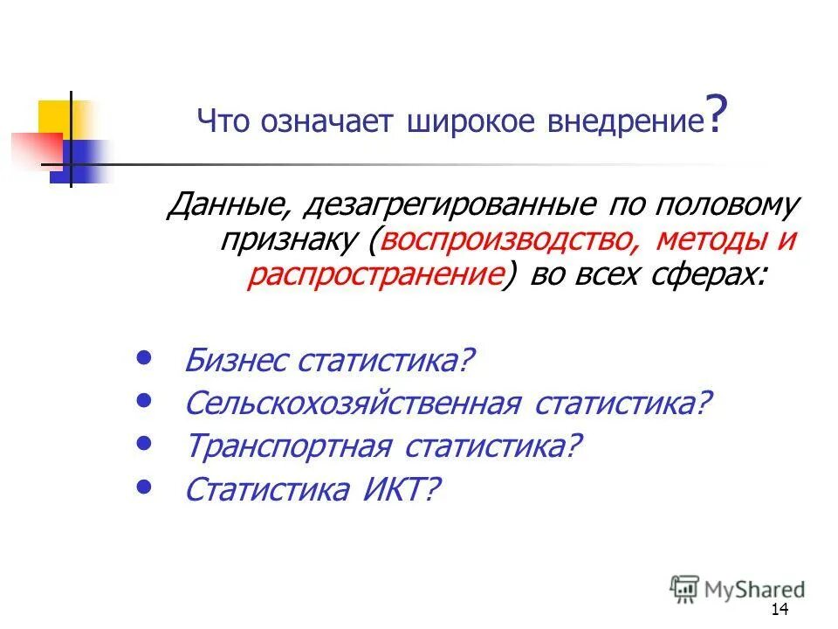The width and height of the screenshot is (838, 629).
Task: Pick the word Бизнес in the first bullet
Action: pos(237,361)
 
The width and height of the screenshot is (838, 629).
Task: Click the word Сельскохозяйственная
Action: pos(353,404)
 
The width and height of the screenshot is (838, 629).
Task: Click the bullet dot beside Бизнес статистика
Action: pos(145,357)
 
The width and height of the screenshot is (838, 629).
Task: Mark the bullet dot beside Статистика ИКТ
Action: pos(145,486)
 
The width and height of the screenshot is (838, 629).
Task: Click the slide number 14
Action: pos(780,610)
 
